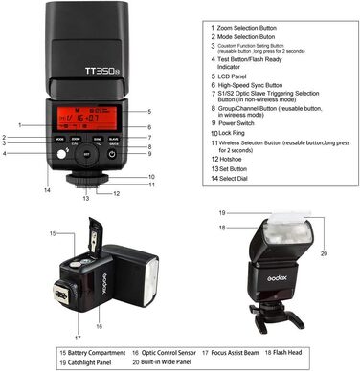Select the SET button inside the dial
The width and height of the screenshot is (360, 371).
coord(86,155)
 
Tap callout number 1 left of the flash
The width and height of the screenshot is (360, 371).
coord(19,125)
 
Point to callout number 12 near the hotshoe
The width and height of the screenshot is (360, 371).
coord(116,193)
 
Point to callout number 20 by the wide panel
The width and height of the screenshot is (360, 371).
coord(323,253)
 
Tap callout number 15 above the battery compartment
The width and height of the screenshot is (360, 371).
coord(52,232)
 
